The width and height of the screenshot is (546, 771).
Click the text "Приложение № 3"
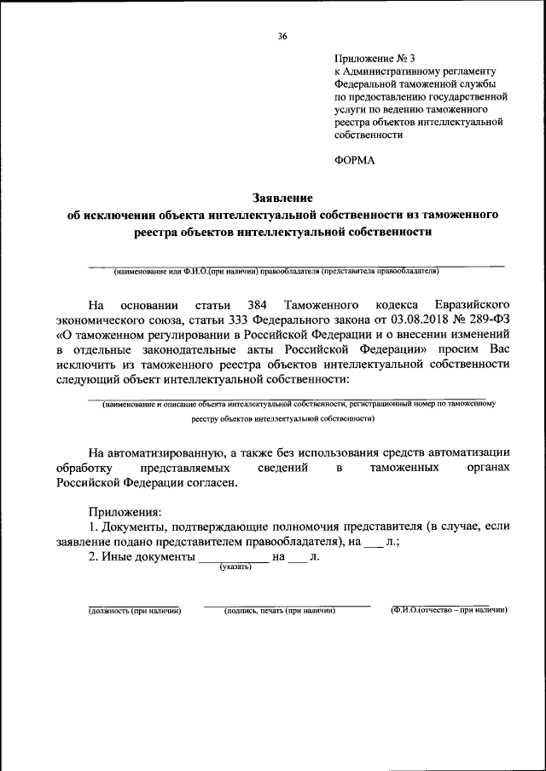pyautogui.click(x=373, y=58)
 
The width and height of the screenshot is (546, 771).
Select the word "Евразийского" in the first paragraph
pyautogui.click(x=473, y=305)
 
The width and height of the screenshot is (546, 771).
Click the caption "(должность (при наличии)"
pyautogui.click(x=135, y=611)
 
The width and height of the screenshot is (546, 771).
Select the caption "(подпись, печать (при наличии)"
pyautogui.click(x=278, y=611)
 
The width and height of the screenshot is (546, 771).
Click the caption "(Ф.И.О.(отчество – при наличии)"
pyautogui.click(x=449, y=611)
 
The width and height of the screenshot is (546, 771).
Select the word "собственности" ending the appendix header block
pyautogui.click(x=369, y=135)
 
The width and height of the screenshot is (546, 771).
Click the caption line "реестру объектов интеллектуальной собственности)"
pyautogui.click(x=282, y=419)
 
